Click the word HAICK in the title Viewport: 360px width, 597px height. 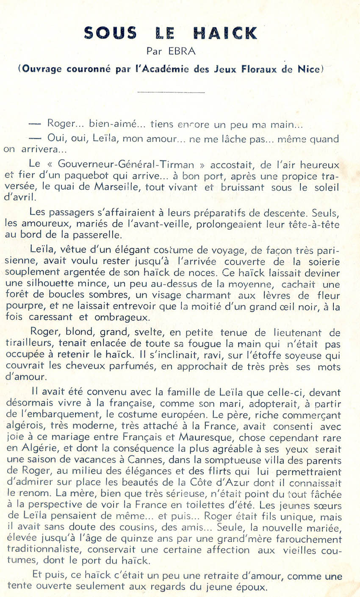pos(225,33)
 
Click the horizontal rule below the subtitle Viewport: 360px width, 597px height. pos(171,92)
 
